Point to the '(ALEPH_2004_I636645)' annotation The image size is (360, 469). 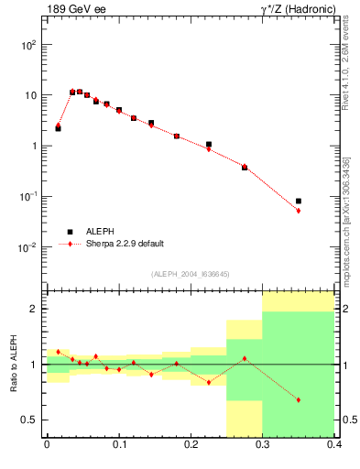190,274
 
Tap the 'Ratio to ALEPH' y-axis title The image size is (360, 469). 13,365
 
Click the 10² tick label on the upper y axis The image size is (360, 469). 29,44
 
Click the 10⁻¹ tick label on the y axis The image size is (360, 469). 29,197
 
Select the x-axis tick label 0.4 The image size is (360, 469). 334,449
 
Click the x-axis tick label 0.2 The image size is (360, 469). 191,449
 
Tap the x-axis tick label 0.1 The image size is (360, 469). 118,449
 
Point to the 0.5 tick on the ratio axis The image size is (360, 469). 31,420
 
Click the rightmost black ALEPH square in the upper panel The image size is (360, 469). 299,201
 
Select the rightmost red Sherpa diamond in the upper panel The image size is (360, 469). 299,211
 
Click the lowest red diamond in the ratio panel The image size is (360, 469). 299,400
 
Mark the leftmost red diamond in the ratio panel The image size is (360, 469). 58,352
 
